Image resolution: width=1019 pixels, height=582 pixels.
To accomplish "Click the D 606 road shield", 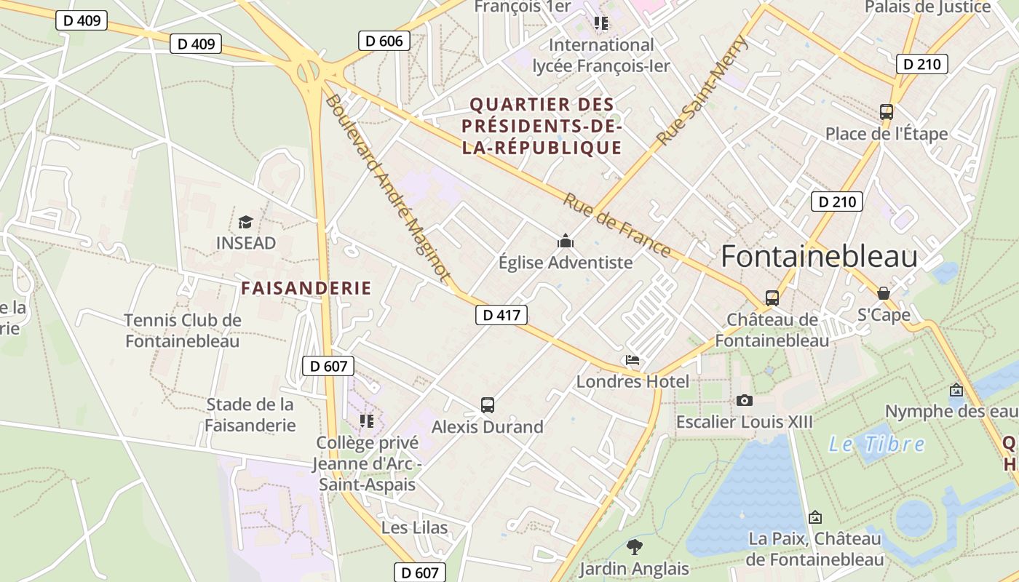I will coord(384,41).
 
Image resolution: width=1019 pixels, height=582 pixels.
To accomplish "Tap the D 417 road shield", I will coord(501,315).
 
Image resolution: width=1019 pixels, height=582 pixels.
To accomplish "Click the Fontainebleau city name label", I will coord(819,257).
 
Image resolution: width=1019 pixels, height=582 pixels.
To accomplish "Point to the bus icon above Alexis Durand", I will coord(488,405).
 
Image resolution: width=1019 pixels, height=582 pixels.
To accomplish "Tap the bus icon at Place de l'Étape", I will coord(886,112).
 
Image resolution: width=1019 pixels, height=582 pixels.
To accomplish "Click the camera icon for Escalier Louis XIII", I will coord(744,400).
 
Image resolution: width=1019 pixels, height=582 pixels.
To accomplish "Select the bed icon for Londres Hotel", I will coord(633,360).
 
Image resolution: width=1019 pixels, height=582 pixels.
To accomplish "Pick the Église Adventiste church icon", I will coord(566,241).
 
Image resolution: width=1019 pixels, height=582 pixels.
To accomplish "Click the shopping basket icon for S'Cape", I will coord(883,293).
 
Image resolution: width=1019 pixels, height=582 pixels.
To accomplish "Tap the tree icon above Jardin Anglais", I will coord(634,546).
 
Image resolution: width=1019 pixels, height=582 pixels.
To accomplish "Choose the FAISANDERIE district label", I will coord(306,288).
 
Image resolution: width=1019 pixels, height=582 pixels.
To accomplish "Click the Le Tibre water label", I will coord(877,444).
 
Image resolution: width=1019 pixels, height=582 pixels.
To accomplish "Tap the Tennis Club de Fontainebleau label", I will coord(182,330).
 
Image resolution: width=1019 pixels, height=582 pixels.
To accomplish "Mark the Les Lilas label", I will coord(414,527).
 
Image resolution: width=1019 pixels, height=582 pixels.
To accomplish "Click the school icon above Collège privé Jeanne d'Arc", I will coord(367,420).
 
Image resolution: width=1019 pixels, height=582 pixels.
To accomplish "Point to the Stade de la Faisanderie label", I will coord(250,415).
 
